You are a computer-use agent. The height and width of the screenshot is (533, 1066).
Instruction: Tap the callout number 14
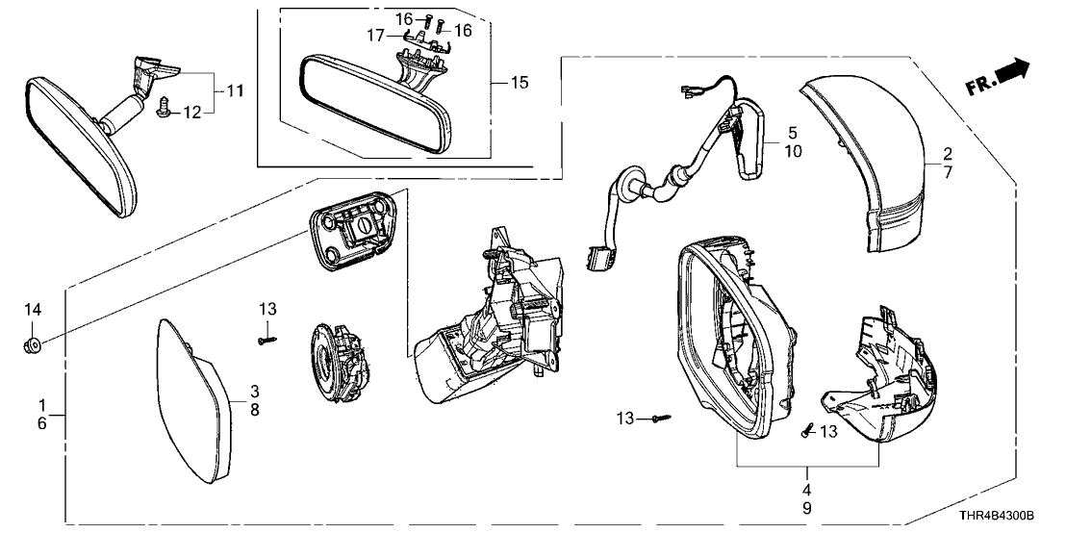tap(33, 309)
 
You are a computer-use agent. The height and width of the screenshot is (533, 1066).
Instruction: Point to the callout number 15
tap(519, 83)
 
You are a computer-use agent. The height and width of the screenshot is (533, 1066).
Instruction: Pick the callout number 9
tap(807, 507)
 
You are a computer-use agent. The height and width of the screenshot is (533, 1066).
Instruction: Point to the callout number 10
tap(793, 151)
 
